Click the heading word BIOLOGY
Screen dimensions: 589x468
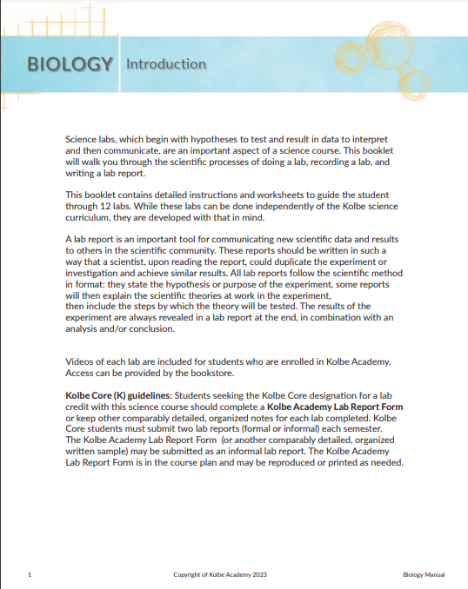pyautogui.click(x=70, y=63)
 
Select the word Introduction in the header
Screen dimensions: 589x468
pyautogui.click(x=166, y=63)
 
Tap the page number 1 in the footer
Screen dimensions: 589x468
pyautogui.click(x=30, y=574)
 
